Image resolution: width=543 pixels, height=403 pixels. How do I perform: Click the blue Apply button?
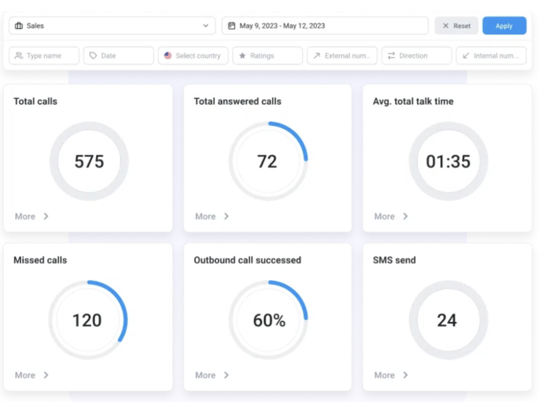click(x=504, y=26)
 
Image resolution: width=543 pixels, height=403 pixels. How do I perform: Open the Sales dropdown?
click(x=112, y=26)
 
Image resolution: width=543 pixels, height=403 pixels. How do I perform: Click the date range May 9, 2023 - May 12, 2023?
click(x=324, y=26)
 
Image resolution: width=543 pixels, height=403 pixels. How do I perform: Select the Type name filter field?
click(x=44, y=56)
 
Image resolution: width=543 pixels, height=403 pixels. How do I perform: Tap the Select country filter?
click(x=193, y=56)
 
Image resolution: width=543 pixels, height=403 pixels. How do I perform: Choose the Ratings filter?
click(x=267, y=56)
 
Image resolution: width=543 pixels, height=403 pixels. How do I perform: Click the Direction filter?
click(x=416, y=56)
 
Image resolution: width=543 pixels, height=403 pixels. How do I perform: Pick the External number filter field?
click(x=342, y=56)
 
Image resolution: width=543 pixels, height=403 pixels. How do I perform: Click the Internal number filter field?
click(x=491, y=56)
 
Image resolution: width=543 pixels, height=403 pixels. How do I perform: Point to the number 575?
click(x=89, y=161)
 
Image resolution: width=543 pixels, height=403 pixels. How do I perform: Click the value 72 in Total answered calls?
click(x=267, y=161)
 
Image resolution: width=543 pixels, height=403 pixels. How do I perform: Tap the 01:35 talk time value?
click(x=448, y=161)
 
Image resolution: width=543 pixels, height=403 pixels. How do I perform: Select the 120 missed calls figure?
click(x=87, y=320)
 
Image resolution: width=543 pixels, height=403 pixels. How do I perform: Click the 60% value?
click(x=269, y=320)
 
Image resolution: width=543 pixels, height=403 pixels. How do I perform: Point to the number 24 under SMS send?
click(x=447, y=320)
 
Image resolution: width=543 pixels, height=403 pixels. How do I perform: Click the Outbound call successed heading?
click(x=247, y=260)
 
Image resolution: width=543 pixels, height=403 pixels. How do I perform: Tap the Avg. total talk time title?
click(x=413, y=101)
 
